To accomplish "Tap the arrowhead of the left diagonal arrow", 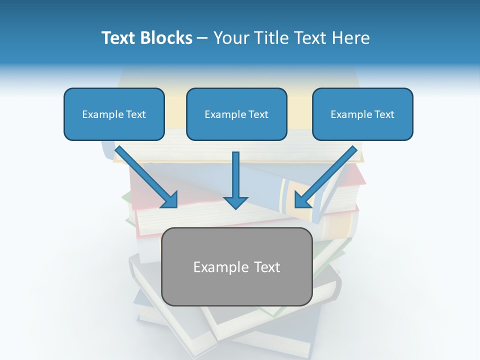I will tap(170, 200).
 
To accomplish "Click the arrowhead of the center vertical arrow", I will tap(235, 202).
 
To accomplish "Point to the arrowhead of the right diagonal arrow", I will tap(301, 200).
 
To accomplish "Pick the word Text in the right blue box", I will tap(383, 114).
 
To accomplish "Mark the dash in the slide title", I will tap(202, 38).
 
